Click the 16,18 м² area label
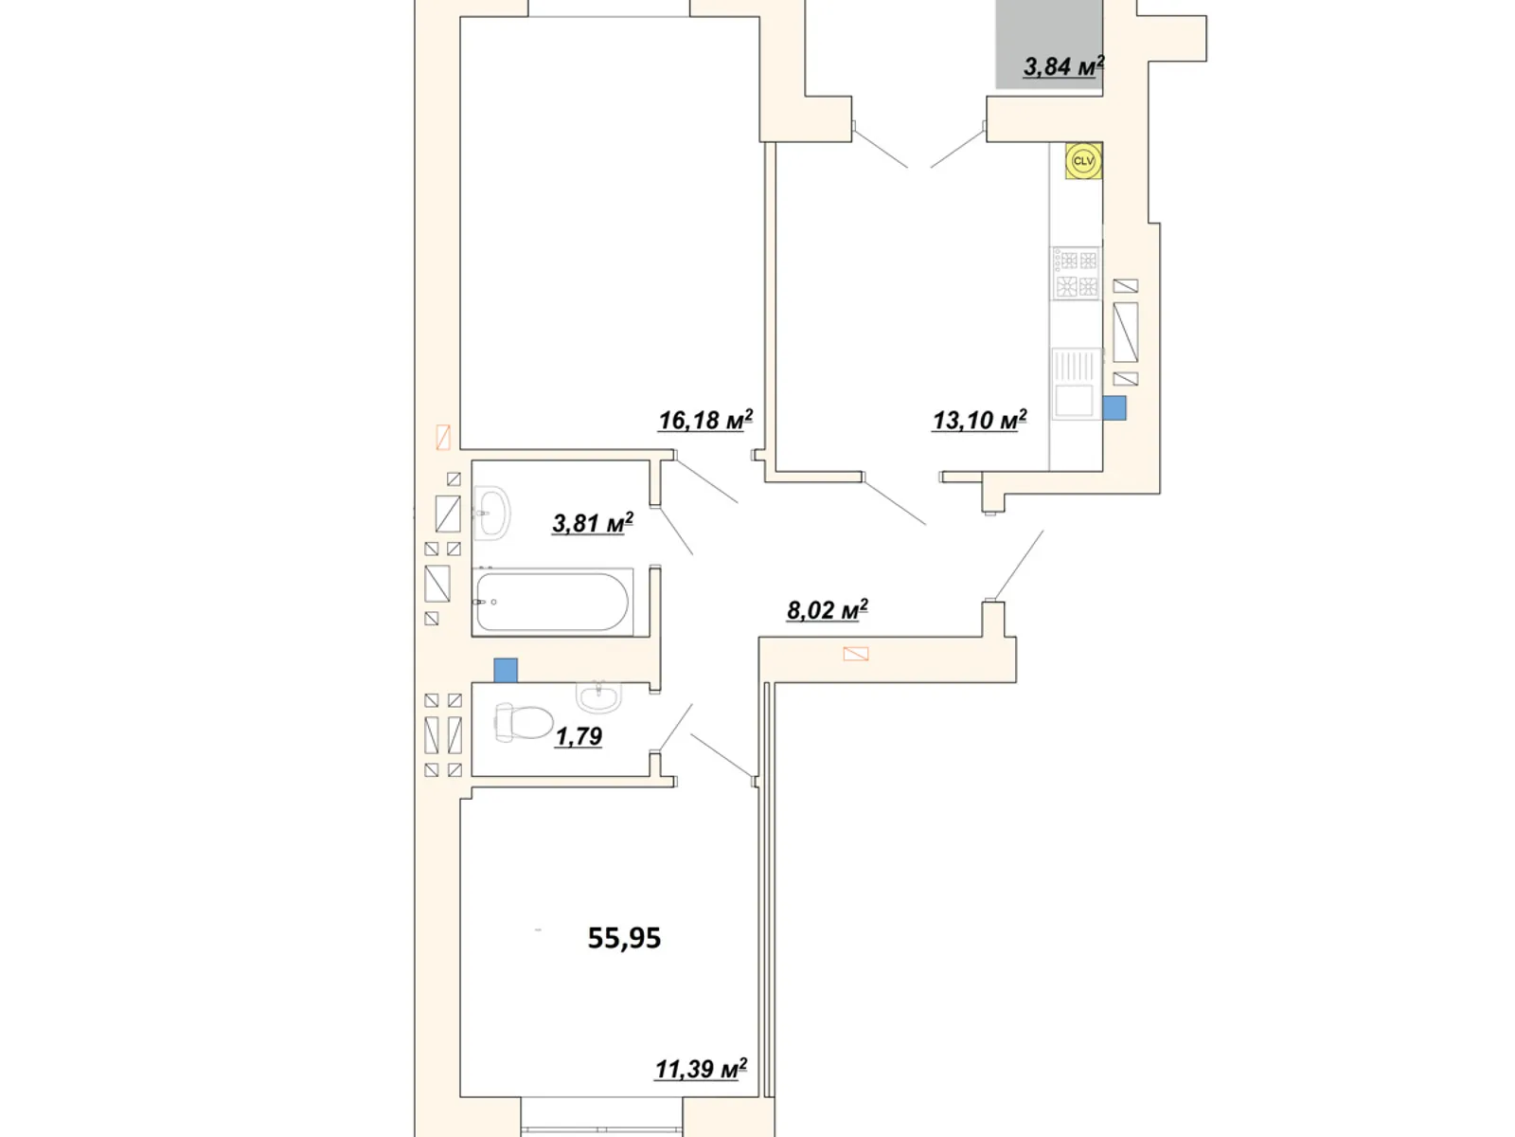coord(705,420)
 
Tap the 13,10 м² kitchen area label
coord(979,420)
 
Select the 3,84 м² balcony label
coord(1063,66)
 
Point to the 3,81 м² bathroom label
coord(592,523)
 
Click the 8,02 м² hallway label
coord(827,610)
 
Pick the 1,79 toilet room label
coord(579,736)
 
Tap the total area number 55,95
coord(624,938)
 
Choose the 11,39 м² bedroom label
coord(701,1069)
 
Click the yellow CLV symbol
coord(1083,161)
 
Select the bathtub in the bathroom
coord(552,602)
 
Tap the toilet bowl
coord(524,722)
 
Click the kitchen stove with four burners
coord(1076,274)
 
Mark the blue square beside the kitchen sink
coord(1114,408)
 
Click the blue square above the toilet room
coord(506,670)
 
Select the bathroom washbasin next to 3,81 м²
coord(491,513)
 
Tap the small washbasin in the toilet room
coord(599,695)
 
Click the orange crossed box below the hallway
coord(856,654)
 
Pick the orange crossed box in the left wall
coord(443,438)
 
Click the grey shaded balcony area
coord(1048,45)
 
